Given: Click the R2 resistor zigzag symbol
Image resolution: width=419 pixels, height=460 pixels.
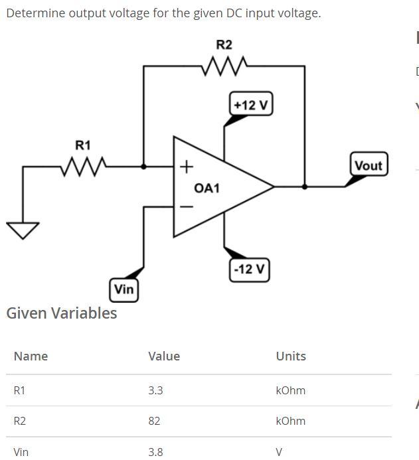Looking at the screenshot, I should [224, 66].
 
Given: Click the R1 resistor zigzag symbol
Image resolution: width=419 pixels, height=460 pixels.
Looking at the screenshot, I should [83, 166].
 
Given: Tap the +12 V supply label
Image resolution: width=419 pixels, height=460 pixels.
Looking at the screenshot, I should [252, 105].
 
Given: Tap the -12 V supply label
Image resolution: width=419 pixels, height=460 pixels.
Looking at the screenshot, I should [250, 269].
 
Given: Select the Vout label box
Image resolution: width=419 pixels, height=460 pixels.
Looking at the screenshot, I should [368, 165].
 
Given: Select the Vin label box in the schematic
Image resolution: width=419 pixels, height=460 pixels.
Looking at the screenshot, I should [124, 289].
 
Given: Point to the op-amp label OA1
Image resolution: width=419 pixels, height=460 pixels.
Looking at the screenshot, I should [207, 189].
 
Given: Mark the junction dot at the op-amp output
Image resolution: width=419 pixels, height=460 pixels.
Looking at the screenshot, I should [305, 187].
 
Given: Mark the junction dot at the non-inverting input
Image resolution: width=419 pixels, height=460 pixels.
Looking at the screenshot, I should [144, 166].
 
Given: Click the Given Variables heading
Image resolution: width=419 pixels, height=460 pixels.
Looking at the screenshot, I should [61, 313].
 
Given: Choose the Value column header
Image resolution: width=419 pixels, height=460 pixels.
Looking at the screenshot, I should [164, 356].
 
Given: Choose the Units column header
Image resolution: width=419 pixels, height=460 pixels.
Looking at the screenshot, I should [291, 356].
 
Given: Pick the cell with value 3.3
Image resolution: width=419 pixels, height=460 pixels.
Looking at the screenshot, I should [155, 390].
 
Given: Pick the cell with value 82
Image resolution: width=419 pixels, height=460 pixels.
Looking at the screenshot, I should [154, 421].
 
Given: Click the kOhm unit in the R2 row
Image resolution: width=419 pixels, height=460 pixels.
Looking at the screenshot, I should [290, 421].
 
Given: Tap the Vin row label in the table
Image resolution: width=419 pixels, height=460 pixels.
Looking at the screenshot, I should [21, 452].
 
